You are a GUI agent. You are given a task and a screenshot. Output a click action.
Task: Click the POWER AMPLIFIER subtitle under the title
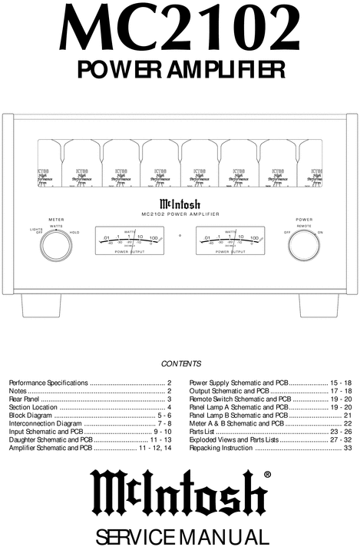point(180,70)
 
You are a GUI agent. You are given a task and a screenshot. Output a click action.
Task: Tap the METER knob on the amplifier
point(55,246)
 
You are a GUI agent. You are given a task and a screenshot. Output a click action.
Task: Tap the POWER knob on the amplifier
point(303,246)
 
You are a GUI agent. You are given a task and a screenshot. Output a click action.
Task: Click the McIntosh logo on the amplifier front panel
point(180,204)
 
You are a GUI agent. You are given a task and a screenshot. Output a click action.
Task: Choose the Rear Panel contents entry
point(25,399)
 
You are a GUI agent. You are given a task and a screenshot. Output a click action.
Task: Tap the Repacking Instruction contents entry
point(220,449)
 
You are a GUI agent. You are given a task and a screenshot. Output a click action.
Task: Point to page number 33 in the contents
point(347,449)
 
